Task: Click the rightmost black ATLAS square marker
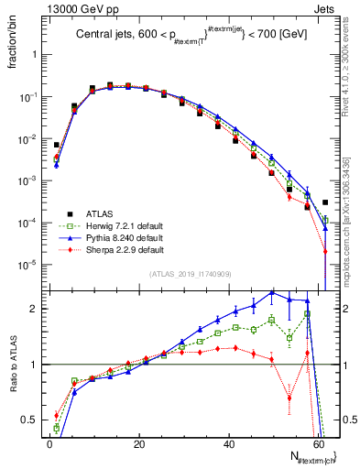point(325,202)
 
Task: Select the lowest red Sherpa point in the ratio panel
point(289,398)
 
